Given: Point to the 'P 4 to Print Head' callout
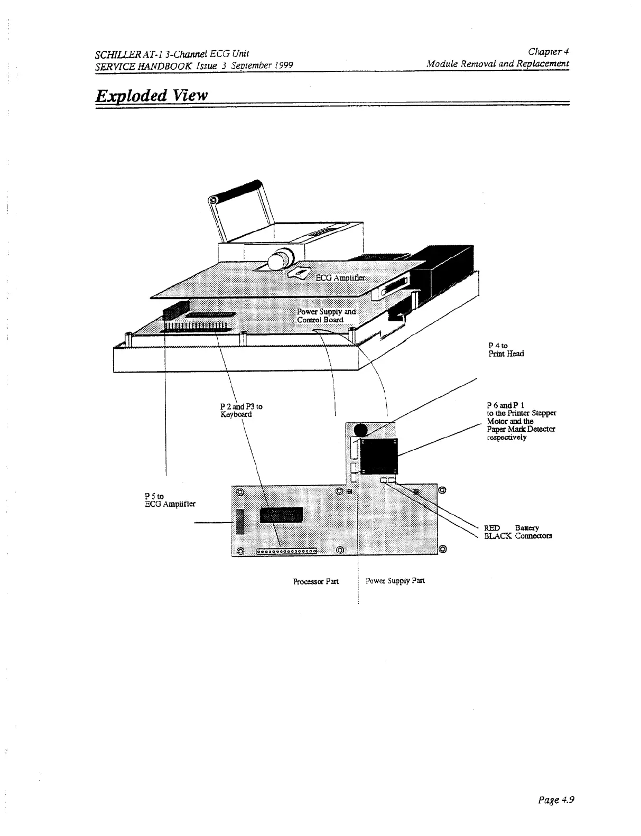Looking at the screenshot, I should pos(506,350).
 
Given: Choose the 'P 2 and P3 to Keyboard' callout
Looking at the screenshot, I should pos(240,411).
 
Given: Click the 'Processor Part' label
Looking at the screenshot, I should pos(315,581).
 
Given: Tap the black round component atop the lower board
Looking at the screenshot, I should pos(361,431).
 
